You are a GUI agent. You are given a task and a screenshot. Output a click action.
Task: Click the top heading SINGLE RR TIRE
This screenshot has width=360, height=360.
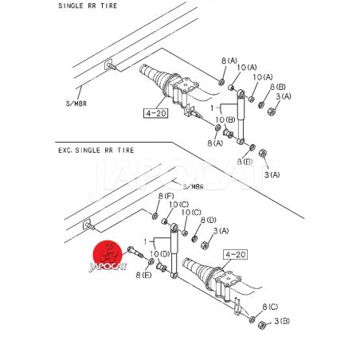(x=88, y=6)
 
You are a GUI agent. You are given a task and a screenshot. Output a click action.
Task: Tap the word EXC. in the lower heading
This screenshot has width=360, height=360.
(x=65, y=151)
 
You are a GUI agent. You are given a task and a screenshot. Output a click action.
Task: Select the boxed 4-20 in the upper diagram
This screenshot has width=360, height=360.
(x=156, y=113)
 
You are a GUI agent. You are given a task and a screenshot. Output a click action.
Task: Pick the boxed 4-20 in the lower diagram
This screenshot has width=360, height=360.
(x=236, y=255)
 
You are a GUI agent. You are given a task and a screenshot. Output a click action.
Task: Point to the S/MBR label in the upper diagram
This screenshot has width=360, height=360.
(x=76, y=104)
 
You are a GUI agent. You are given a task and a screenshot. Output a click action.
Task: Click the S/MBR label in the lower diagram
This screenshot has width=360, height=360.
(x=193, y=187)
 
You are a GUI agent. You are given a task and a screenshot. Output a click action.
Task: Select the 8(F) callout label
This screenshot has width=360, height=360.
(x=166, y=197)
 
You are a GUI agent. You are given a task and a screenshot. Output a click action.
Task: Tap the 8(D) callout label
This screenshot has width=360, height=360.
(x=209, y=220)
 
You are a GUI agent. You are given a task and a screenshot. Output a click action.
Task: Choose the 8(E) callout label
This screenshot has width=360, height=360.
(x=143, y=275)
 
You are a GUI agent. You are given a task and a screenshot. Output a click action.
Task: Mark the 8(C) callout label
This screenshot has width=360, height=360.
(x=270, y=307)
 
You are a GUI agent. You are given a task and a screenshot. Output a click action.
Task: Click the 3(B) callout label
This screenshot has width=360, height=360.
(x=282, y=321)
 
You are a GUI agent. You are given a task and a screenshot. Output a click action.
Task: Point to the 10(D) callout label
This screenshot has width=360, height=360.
(x=160, y=254)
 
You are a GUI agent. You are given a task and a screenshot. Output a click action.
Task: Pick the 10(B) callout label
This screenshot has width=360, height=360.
(x=225, y=119)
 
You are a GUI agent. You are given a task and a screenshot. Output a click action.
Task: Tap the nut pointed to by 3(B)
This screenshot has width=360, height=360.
(x=262, y=325)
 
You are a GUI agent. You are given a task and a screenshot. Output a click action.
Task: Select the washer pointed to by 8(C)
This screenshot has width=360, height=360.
(x=252, y=319)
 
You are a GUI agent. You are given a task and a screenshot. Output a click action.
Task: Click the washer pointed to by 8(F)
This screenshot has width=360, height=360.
(x=155, y=216)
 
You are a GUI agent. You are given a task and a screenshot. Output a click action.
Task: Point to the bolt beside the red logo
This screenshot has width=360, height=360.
(x=135, y=252)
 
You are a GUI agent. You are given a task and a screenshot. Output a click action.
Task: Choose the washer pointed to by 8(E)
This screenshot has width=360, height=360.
(x=151, y=261)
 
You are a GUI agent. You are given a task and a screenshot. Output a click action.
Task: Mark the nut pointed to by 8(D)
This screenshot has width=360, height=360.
(x=194, y=239)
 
